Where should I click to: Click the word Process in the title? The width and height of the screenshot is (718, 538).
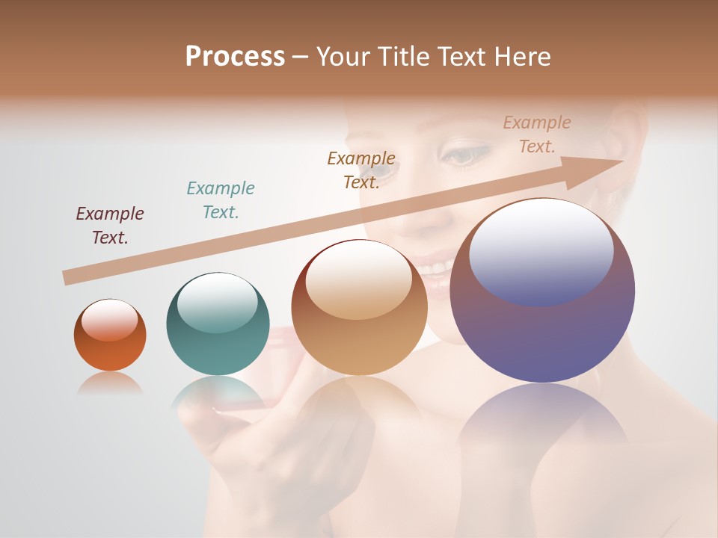coord(235,56)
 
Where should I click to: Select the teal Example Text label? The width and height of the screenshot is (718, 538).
coord(221,200)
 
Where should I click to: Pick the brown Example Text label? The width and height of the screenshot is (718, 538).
coord(361,170)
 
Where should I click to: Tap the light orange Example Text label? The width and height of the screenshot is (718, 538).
coord(537,134)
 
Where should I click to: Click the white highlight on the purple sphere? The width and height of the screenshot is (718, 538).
coord(541,247)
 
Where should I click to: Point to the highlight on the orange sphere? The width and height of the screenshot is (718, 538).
coord(109,320)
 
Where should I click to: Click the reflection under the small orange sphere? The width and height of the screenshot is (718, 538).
coord(110,384)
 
